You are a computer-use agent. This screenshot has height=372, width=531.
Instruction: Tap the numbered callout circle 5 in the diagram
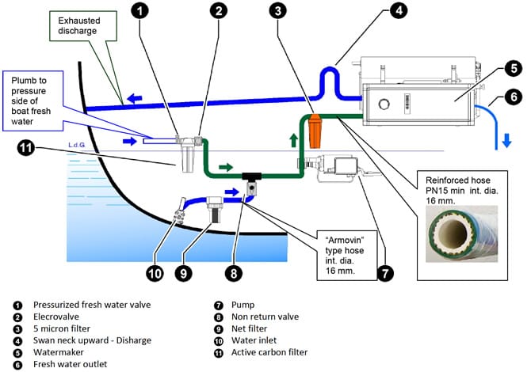(x=511, y=68)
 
